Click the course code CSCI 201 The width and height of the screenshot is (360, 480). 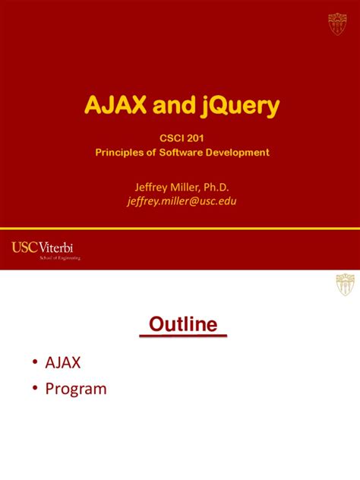182,138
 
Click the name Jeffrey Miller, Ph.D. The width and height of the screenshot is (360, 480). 182,187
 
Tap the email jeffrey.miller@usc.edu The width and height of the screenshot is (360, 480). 182,201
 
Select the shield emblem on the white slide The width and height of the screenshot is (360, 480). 345,285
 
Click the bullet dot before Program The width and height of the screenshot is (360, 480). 36,389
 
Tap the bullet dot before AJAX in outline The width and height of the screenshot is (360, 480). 36,363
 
